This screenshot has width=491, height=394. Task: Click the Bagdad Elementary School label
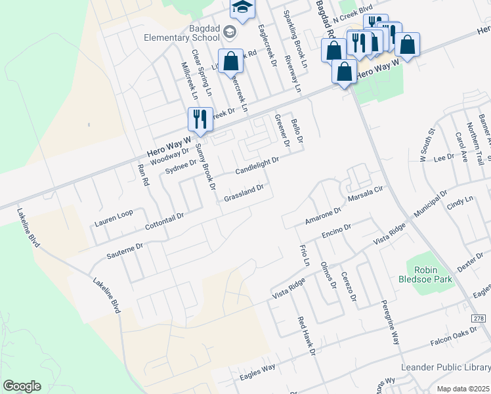pyautogui.click(x=181, y=32)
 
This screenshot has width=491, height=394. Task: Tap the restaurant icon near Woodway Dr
pyautogui.click(x=200, y=119)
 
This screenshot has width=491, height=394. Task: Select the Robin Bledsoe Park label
pyautogui.click(x=430, y=274)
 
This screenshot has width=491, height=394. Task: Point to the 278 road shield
pyautogui.click(x=482, y=318)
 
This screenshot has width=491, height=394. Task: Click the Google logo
pyautogui.click(x=22, y=386)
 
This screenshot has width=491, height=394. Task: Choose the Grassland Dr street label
pyautogui.click(x=244, y=193)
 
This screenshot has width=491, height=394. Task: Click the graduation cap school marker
pyautogui.click(x=242, y=7)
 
